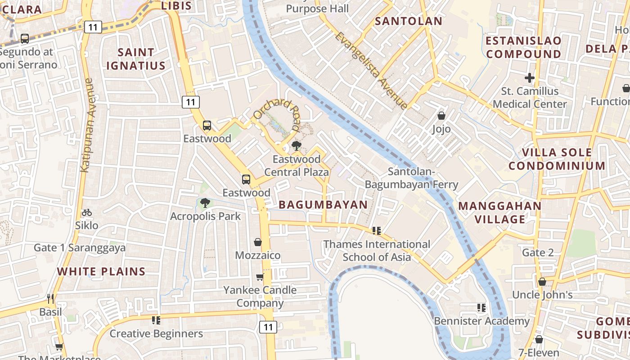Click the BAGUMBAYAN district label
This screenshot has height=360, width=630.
pyautogui.click(x=323, y=205)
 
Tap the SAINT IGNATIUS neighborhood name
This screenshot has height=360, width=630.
pyautogui.click(x=135, y=59)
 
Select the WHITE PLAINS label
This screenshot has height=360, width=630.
pyautogui.click(x=101, y=271)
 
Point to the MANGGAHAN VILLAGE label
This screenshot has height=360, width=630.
pyautogui.click(x=499, y=213)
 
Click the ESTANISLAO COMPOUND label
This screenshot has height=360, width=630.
pyautogui.click(x=524, y=47)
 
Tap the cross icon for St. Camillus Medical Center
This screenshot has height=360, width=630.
pyautogui.click(x=529, y=78)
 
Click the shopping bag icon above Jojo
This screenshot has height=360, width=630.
pyautogui.click(x=441, y=116)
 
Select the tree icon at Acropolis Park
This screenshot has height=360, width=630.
pyautogui.click(x=205, y=203)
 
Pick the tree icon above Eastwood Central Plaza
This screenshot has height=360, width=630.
pyautogui.click(x=296, y=146)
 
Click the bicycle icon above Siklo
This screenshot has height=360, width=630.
pyautogui.click(x=87, y=212)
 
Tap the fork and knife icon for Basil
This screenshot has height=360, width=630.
pyautogui.click(x=50, y=298)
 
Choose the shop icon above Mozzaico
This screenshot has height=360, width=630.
pyautogui.click(x=258, y=243)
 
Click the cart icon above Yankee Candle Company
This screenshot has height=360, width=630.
pyautogui.click(x=260, y=277)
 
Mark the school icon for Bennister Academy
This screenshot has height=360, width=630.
pyautogui.click(x=481, y=308)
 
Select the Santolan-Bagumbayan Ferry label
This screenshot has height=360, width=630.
pyautogui.click(x=411, y=178)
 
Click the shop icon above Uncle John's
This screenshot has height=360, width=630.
pyautogui.click(x=542, y=282)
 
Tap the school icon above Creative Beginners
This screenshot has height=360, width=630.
pyautogui.click(x=156, y=320)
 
